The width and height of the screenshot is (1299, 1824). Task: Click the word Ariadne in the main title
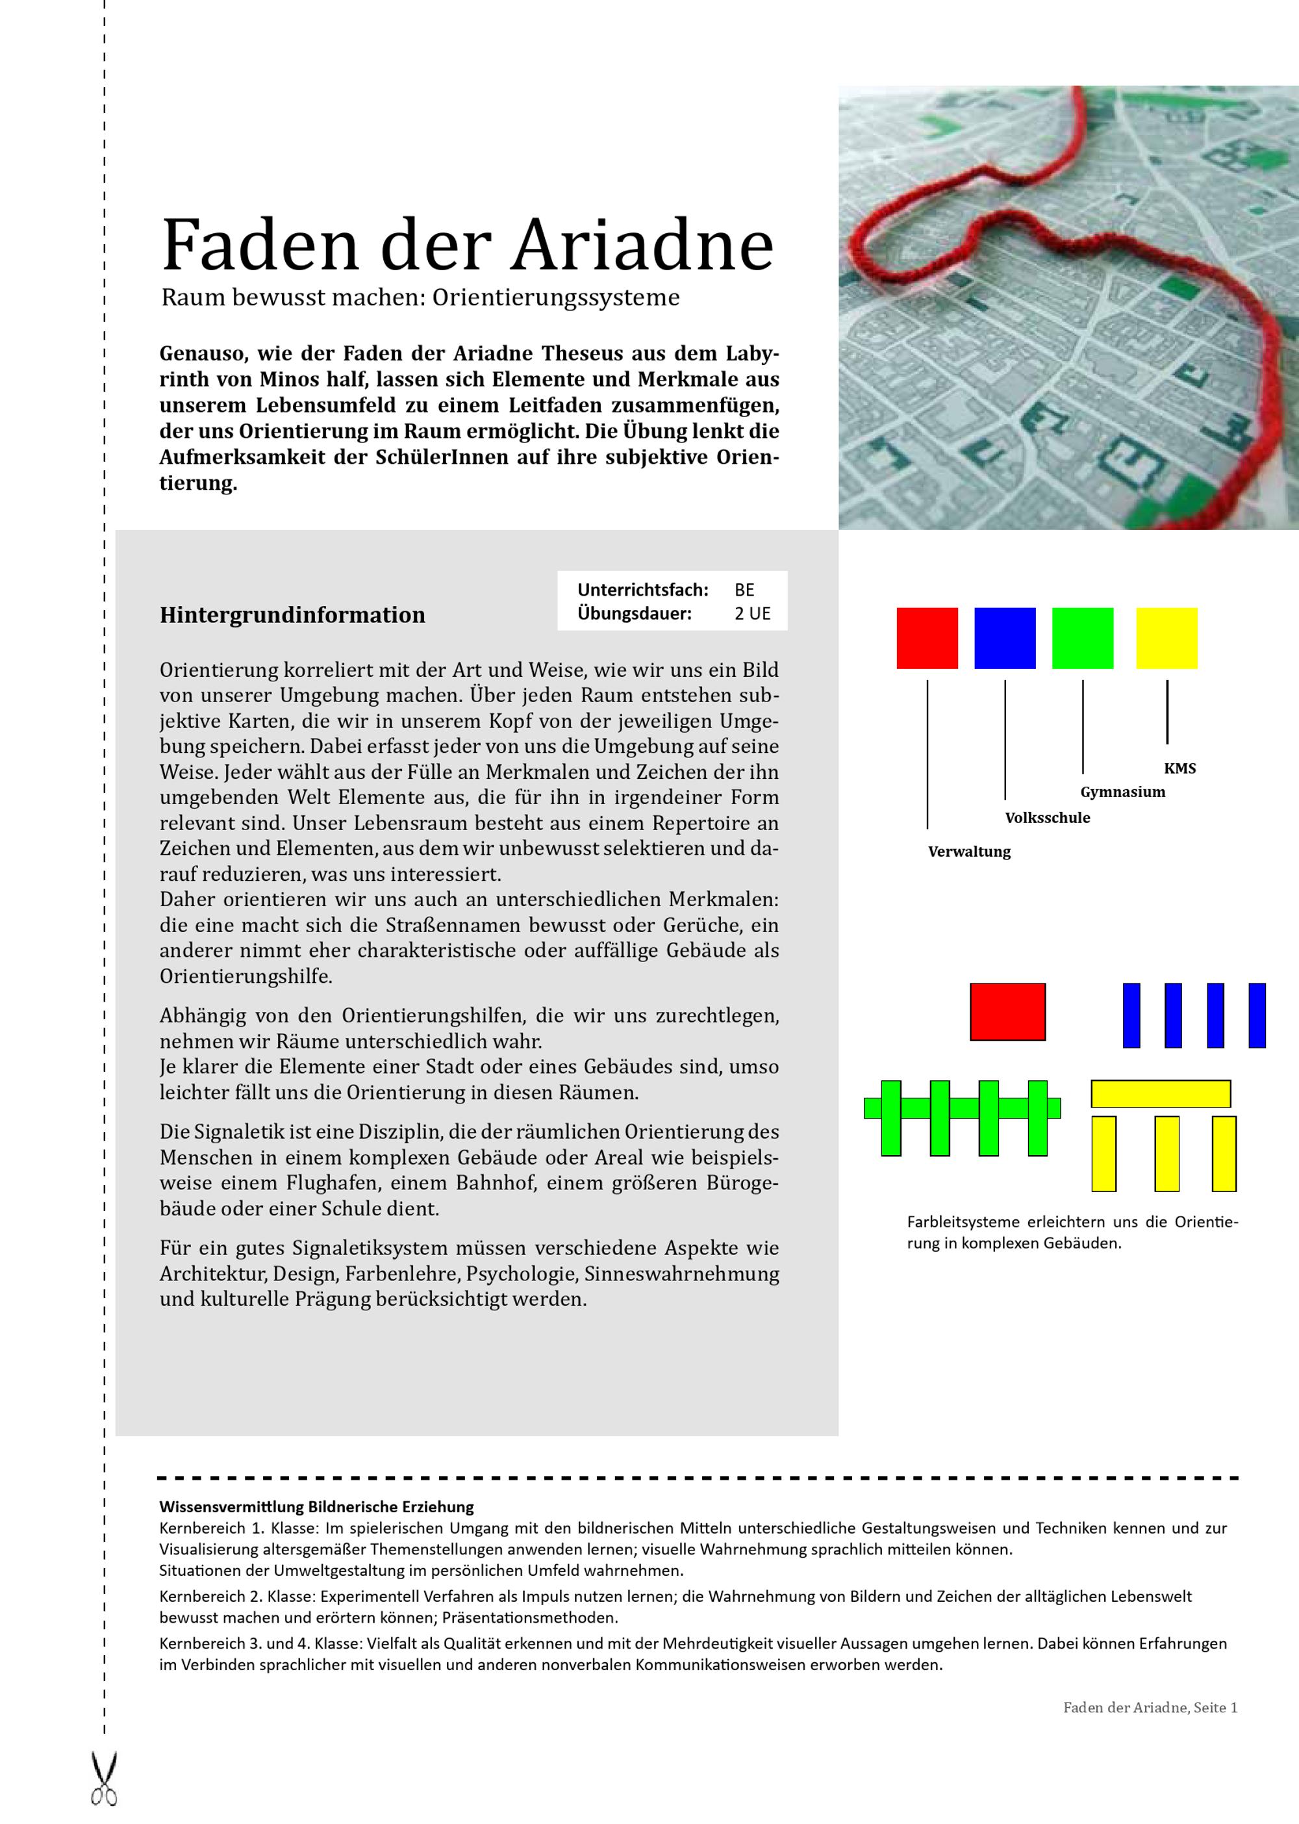[643, 244]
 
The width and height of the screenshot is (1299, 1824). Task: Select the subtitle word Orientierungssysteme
[556, 298]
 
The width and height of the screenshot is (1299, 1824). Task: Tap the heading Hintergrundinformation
[293, 615]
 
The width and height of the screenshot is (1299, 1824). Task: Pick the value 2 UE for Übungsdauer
[752, 614]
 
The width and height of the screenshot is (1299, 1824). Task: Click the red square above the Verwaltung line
[927, 639]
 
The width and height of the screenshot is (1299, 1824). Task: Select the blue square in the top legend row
[1005, 639]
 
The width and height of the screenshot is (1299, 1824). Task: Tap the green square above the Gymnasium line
[1082, 639]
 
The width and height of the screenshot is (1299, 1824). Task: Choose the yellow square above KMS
[1167, 639]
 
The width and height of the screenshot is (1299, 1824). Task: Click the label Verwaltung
[970, 852]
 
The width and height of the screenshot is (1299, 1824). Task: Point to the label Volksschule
[1048, 818]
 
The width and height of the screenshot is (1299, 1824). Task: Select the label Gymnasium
[1123, 792]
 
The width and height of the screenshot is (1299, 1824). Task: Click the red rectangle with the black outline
[1008, 1012]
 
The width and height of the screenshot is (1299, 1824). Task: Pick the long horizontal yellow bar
[1161, 1094]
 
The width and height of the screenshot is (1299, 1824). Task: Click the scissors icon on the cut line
[104, 1779]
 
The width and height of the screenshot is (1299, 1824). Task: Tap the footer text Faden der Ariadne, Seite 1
[1150, 1707]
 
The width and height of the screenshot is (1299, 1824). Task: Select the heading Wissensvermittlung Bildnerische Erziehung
[317, 1506]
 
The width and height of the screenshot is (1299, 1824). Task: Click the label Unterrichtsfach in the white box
[643, 590]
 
